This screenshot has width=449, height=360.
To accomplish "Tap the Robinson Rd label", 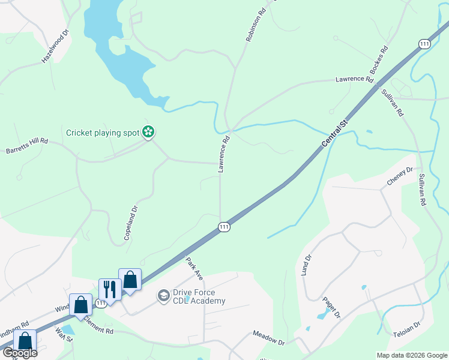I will click(255, 25).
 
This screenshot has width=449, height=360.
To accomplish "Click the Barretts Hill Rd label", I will click(26, 146).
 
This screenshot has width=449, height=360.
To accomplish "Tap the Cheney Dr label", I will click(401, 178).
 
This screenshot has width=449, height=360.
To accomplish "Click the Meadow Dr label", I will click(268, 337).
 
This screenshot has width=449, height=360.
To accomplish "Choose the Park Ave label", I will click(194, 268).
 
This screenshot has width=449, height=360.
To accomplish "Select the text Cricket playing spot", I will click(103, 133).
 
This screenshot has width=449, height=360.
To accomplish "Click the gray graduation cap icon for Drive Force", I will click(163, 296).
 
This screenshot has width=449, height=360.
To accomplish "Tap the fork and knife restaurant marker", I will click(109, 289).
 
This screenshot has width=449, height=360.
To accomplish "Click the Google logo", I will click(19, 353).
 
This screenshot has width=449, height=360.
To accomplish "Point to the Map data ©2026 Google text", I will click(412, 355).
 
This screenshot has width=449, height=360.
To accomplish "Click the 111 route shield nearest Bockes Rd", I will click(424, 44).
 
